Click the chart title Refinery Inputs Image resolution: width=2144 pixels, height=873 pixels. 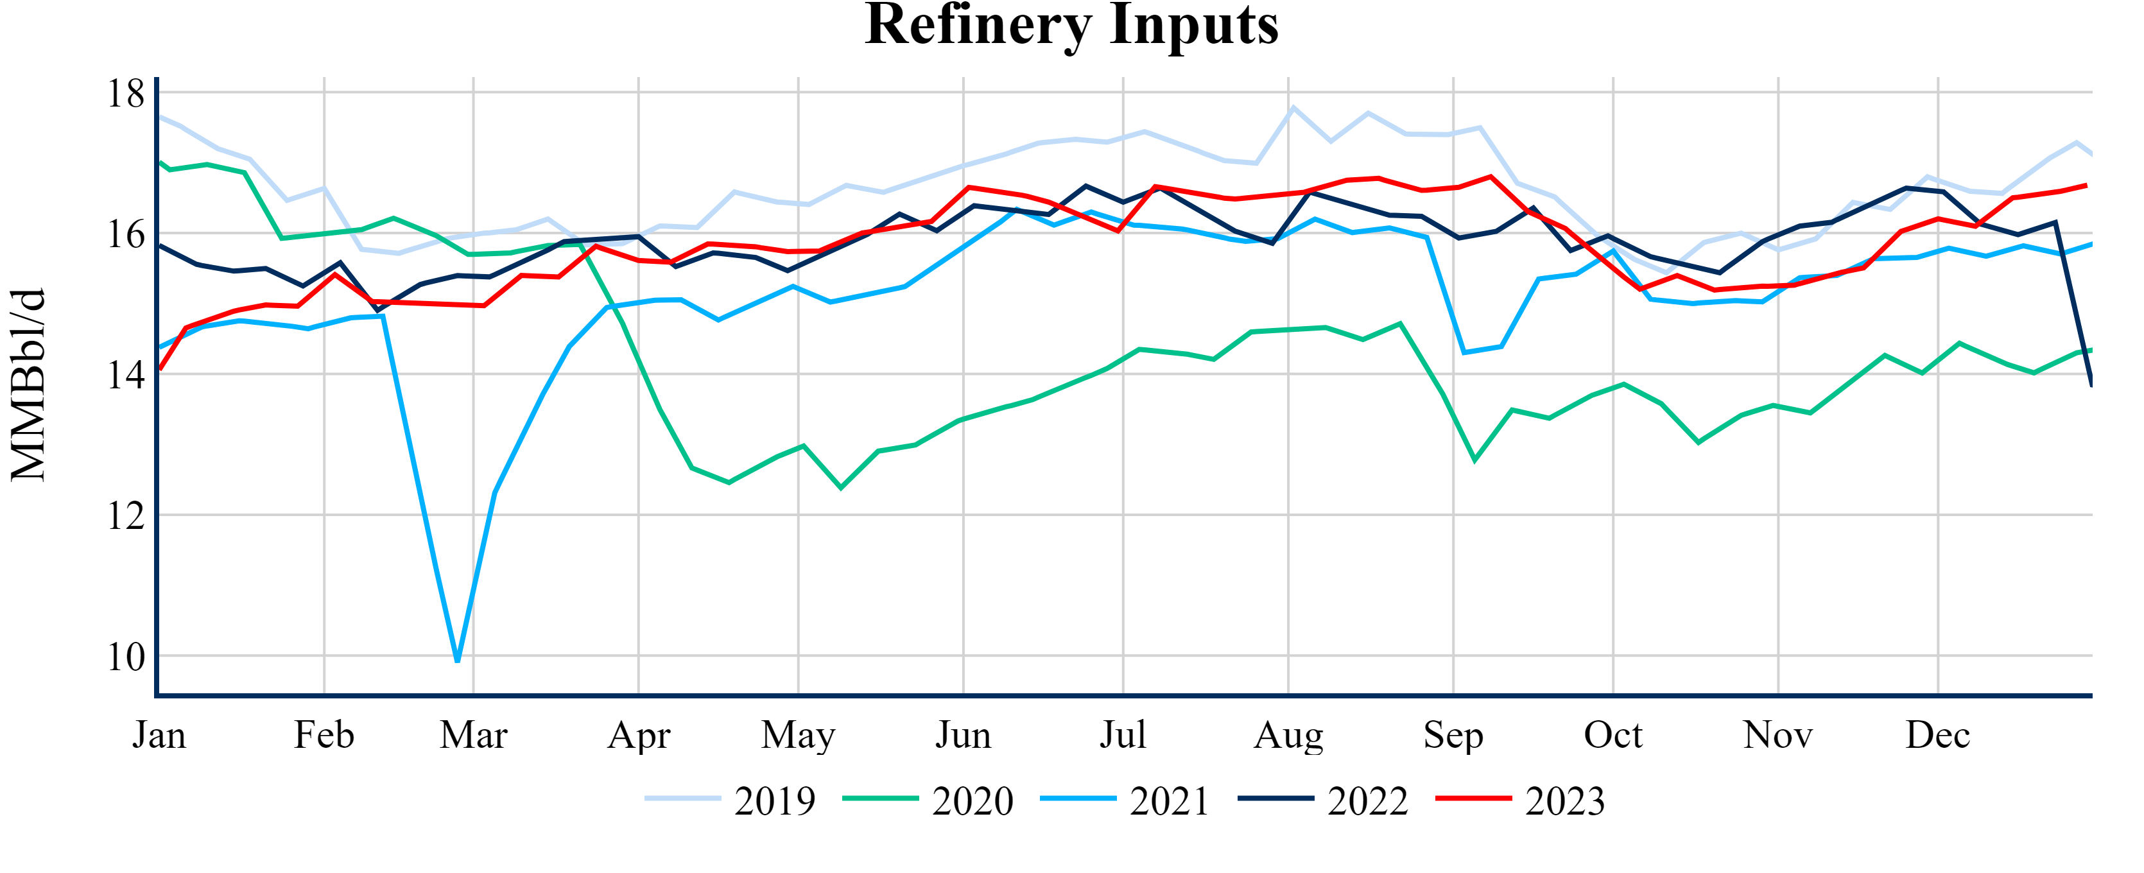coord(1071,25)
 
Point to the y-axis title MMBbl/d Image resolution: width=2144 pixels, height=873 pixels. coord(28,385)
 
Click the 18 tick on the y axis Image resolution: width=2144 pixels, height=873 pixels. coord(126,93)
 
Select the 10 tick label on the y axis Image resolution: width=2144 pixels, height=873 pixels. coord(126,657)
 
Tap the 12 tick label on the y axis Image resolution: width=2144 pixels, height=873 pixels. coord(126,516)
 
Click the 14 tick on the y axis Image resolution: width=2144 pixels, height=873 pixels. coord(126,376)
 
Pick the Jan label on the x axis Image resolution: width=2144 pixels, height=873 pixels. coord(159,735)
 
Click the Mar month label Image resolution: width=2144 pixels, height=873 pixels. coord(474,735)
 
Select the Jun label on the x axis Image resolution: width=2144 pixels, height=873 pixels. coord(963,735)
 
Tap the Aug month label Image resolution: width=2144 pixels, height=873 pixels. coord(1288,735)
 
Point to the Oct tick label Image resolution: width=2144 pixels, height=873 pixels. coord(1613,735)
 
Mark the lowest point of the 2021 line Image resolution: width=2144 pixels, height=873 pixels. coord(458,661)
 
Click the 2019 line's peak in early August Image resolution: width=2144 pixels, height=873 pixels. coord(1293,107)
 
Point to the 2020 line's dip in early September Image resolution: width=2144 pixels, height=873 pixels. coord(1475,460)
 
